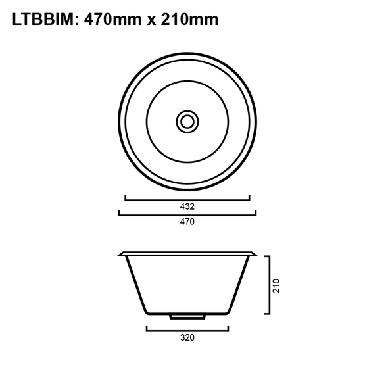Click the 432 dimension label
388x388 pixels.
click(187, 206)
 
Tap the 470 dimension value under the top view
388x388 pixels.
click(187, 222)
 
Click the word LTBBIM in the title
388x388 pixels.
click(43, 20)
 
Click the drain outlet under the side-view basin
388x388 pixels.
click(187, 316)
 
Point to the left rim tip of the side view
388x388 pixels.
click(119, 254)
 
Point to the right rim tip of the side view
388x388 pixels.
click(256, 254)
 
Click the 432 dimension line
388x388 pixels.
click(187, 198)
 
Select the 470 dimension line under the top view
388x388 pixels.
click(187, 214)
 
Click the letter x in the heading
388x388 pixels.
click(151, 21)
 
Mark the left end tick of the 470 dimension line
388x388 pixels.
click(118, 212)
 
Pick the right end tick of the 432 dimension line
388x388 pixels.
click(250, 196)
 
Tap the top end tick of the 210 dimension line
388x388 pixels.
click(268, 256)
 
